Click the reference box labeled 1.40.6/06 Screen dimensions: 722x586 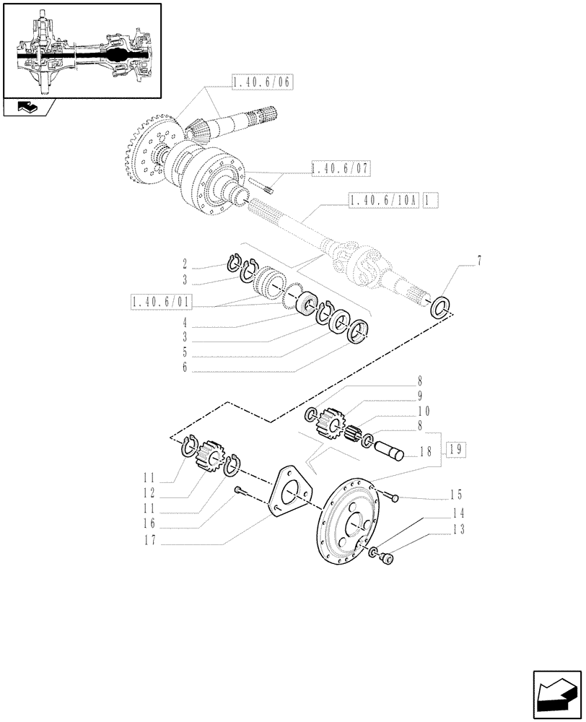261,83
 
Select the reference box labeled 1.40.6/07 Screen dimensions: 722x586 340,168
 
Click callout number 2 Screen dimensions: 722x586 185,264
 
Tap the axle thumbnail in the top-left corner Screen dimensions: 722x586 81,50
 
